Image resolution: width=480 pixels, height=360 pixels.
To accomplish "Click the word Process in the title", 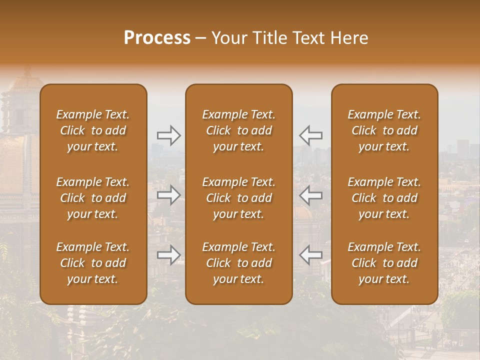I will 157,38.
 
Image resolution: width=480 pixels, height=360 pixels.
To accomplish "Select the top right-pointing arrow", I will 168,135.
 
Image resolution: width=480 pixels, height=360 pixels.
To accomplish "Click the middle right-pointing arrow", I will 168,195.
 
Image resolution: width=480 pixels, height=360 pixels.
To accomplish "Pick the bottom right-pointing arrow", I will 168,255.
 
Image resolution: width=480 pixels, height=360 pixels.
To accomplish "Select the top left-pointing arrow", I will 311,135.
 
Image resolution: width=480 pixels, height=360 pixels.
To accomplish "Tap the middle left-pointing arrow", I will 311,195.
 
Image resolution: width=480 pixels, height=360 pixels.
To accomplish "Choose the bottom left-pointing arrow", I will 311,255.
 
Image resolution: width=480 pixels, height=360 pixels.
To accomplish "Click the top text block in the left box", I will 93,130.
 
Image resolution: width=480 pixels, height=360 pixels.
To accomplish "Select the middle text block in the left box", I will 93,198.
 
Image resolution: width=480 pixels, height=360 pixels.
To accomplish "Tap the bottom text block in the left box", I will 93,263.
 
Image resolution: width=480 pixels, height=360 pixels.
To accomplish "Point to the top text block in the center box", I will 239,130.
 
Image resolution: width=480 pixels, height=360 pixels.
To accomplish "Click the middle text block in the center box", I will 239,198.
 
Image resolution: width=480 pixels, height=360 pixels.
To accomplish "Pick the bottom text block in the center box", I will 239,263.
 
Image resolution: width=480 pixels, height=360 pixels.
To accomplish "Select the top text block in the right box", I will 384,130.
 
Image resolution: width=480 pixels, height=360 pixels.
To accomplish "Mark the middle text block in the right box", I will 384,198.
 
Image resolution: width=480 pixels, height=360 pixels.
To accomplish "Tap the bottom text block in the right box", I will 384,263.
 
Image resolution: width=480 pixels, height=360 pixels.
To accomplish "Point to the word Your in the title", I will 229,38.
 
